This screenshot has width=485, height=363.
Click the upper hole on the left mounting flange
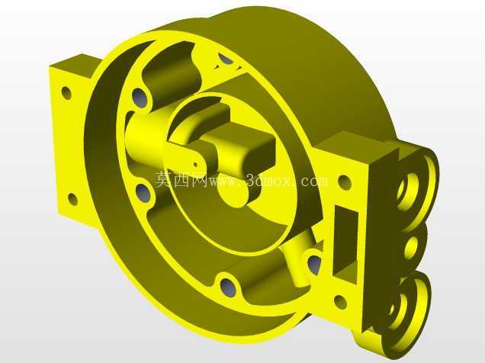pos(66,93)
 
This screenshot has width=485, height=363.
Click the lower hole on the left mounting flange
pos(72,199)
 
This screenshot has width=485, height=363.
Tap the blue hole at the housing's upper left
pos(140,98)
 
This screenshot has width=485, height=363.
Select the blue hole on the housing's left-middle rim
pos(143,193)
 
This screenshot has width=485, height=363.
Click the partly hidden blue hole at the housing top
pos(226,59)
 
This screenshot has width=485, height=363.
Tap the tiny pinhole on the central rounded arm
pos(196,164)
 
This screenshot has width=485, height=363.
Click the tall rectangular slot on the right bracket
pos(345,241)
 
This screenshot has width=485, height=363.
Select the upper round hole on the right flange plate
pos(345,182)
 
